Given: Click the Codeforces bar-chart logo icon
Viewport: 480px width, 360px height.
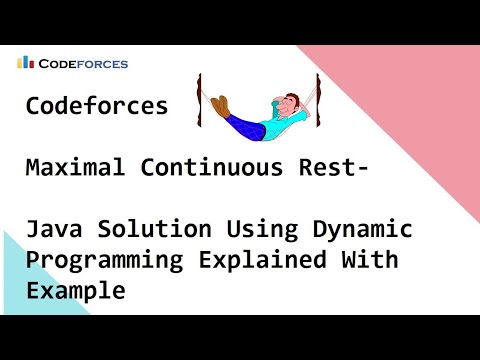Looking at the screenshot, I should pyautogui.click(x=24, y=62).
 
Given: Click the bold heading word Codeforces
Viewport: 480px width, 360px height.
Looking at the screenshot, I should pyautogui.click(x=97, y=106).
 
